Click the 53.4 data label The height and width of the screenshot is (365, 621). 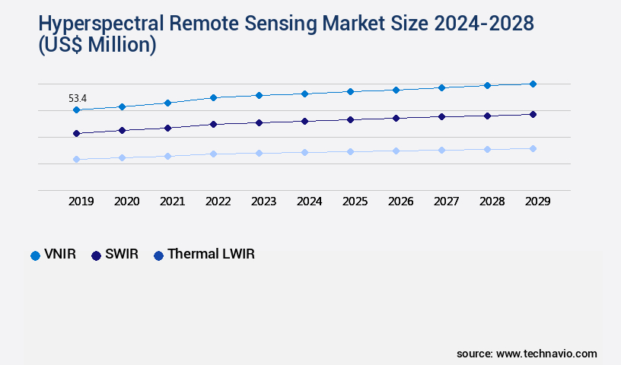(78, 98)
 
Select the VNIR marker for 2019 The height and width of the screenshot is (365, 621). (76, 110)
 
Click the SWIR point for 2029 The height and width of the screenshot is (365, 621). (533, 114)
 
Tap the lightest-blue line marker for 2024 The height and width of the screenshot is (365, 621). (304, 152)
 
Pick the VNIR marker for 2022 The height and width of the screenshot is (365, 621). (213, 97)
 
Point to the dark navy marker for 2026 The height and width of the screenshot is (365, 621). (396, 118)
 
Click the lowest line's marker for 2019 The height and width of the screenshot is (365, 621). (76, 159)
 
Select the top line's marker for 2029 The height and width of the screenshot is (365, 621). (533, 84)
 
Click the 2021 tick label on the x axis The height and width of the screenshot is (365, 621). (172, 202)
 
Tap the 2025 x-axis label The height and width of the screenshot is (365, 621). (355, 202)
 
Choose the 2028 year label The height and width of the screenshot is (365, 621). (492, 202)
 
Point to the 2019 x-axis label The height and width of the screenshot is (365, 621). (81, 202)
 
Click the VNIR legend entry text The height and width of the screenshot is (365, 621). (61, 255)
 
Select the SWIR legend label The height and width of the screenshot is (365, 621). (122, 255)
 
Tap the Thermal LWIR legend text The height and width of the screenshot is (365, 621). (211, 255)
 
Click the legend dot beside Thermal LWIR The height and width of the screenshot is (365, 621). (158, 255)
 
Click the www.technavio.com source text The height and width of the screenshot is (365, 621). (546, 354)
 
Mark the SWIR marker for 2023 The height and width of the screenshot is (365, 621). (259, 122)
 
